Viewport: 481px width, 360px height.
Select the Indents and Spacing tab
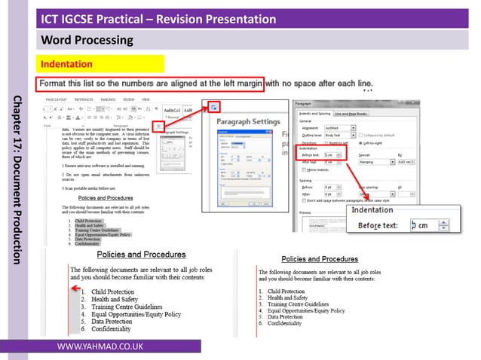point(314,112)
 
